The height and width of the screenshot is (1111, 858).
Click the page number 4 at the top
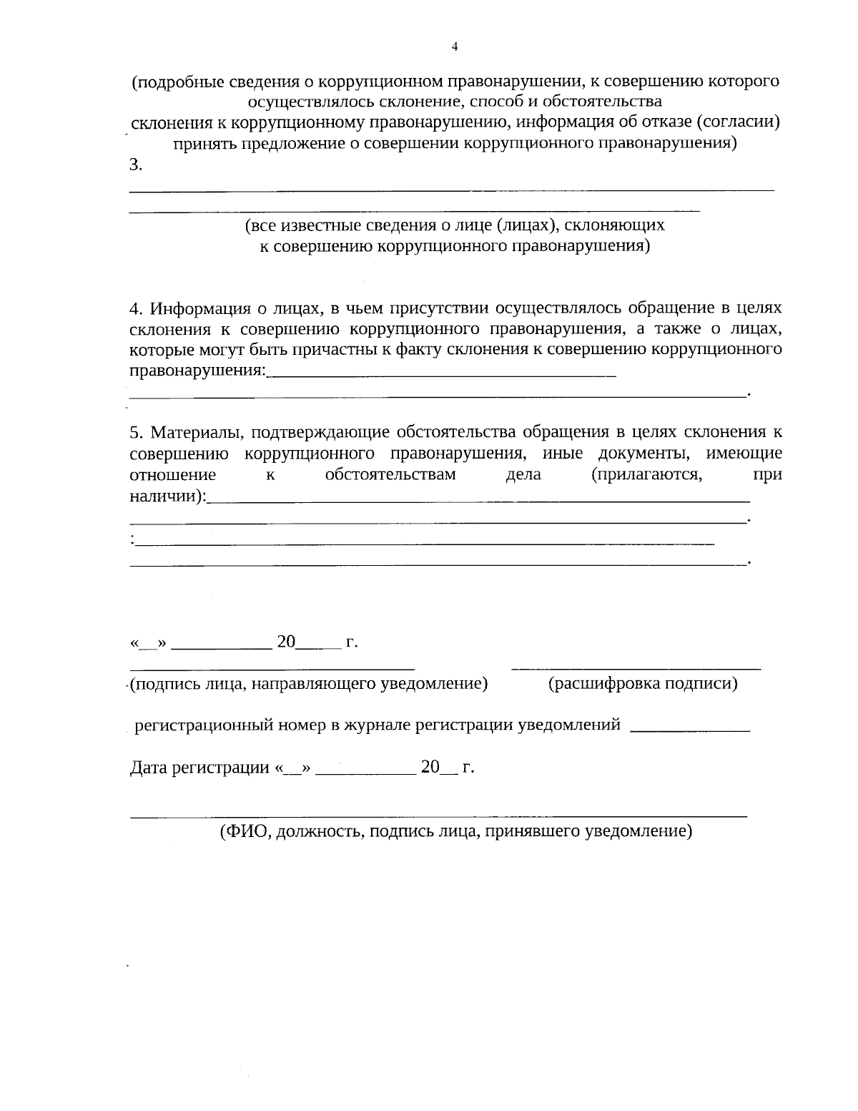[455, 47]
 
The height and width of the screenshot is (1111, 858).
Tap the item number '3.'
[136, 165]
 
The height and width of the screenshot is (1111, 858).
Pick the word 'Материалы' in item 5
[197, 433]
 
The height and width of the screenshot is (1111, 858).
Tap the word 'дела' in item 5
[523, 474]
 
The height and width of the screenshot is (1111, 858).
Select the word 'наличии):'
[167, 495]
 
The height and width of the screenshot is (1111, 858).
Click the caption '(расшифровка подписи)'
[643, 684]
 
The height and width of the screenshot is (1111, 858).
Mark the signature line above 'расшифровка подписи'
[636, 668]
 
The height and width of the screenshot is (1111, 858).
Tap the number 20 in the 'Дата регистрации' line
[430, 768]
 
